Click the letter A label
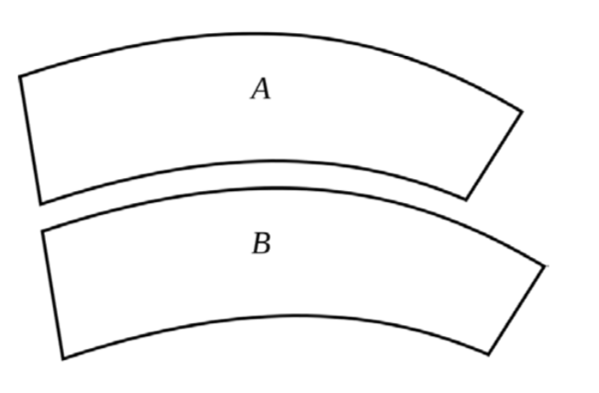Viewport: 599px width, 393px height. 261,89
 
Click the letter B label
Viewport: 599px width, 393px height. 261,244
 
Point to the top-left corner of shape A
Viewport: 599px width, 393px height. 20,76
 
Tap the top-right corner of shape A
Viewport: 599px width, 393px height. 522,112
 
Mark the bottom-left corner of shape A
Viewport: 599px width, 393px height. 40,203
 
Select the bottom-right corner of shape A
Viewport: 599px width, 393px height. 466,198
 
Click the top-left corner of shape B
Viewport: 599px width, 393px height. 43,230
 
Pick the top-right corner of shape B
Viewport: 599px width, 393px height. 545,266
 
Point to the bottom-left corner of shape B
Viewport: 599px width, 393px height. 63,358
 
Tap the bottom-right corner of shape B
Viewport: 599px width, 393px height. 489,354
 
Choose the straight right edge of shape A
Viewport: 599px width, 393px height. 494,155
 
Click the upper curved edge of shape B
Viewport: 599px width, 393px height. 275,189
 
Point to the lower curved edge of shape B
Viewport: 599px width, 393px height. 275,317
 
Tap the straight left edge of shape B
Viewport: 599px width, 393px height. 53,294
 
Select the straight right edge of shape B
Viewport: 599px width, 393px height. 517,309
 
